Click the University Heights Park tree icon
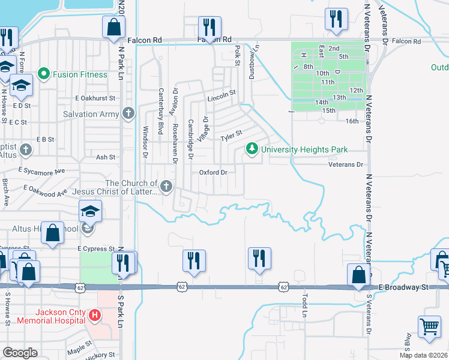[253, 148]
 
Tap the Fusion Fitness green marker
[43, 74]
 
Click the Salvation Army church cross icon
[128, 113]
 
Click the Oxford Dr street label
[213, 172]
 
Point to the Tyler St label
[231, 136]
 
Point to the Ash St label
[105, 157]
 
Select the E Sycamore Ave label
[44, 172]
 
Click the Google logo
[20, 353]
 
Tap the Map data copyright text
[424, 355]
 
